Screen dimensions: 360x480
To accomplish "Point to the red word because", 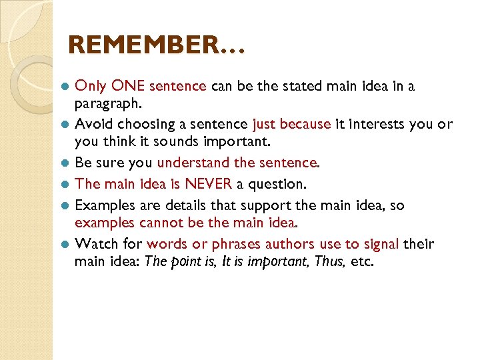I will point(306,124).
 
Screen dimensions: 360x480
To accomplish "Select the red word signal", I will point(380,244).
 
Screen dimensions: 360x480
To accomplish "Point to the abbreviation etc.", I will point(362,261).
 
